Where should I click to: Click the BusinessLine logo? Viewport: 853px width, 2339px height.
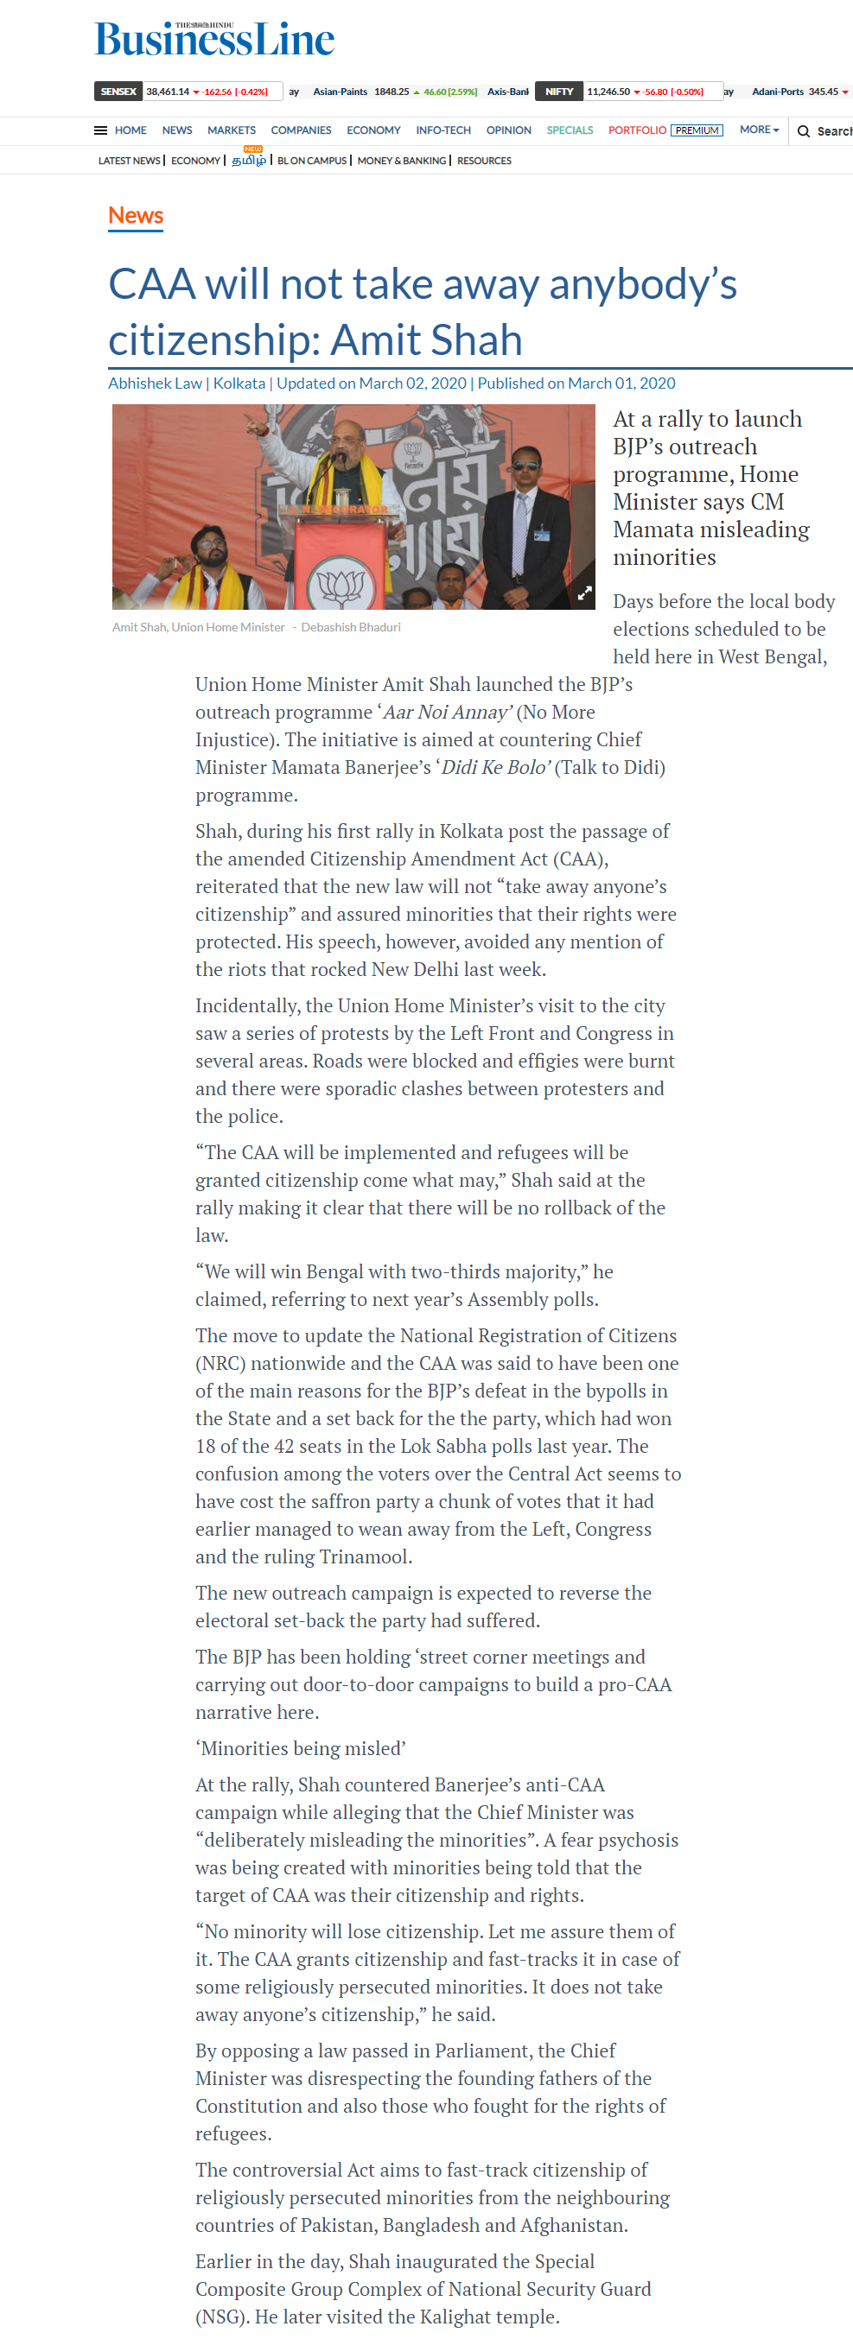coord(214,40)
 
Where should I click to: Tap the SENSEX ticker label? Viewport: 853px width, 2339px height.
coord(118,92)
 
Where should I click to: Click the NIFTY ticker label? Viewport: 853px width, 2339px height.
coord(558,92)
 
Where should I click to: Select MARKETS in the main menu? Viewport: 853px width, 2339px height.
coord(231,130)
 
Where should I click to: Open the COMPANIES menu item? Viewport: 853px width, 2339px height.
coord(301,130)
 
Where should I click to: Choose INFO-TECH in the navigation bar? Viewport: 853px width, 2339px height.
coord(443,130)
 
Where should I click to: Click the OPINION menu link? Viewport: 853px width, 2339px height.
coord(509,130)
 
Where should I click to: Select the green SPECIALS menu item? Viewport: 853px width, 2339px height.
coord(570,130)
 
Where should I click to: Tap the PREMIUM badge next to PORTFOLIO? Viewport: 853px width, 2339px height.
coord(697,130)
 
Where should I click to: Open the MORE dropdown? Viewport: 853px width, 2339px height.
coord(759,130)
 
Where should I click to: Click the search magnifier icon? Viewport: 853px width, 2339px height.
coord(803,131)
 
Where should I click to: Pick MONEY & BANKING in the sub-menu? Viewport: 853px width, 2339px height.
coord(402,161)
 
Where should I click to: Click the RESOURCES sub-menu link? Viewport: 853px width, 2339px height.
coord(484,161)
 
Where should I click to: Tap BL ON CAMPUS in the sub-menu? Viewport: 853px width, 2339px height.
coord(312,161)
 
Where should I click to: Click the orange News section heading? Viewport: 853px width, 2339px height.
coord(136,215)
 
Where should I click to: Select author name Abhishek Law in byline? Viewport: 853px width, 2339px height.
coord(156,383)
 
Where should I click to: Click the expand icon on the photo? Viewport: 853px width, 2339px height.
coord(585,593)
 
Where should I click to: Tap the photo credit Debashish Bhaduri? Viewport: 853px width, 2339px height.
coord(351,627)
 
